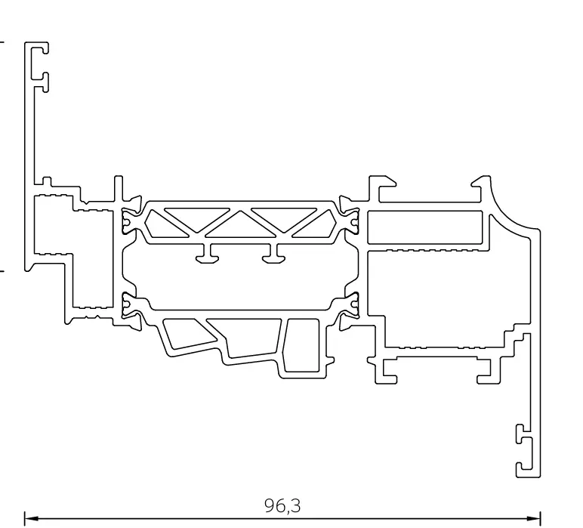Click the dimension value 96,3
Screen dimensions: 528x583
(288, 505)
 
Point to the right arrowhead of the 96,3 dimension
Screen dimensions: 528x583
(538, 519)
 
